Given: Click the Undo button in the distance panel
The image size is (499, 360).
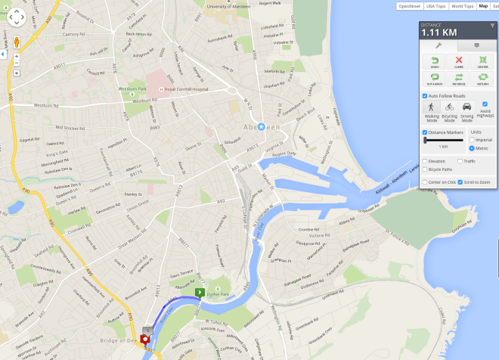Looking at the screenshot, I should coord(435,62).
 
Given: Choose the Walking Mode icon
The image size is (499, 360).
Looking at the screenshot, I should coord(431,109).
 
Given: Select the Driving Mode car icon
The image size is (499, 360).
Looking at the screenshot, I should coord(466,109).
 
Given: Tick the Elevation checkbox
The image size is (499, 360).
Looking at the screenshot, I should coord(425,161).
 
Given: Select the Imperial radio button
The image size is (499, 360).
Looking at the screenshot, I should coord(473,140).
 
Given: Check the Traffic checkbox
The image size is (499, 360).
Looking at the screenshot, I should coord(460,161).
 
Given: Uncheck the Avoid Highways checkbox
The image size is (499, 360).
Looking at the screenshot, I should coord(485,104).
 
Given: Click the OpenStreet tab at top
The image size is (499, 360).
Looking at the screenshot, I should coord(409,6).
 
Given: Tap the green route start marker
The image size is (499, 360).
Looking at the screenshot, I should coord(200,292).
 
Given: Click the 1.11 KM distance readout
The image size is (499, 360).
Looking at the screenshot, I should coord(439,33).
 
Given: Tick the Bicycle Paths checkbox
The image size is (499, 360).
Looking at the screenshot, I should coord(425,169).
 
